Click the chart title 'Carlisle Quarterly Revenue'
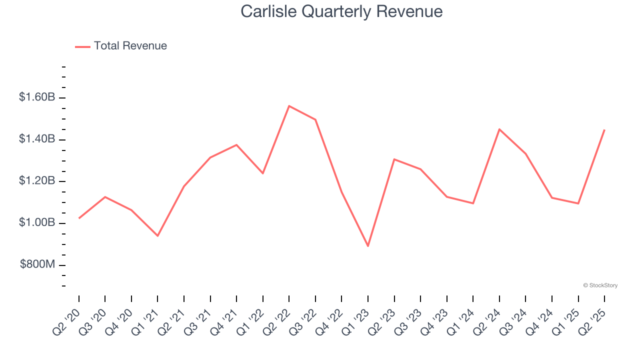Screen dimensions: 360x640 click(341, 11)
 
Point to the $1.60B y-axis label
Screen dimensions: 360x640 click(37, 97)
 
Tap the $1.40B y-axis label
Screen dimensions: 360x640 click(37, 139)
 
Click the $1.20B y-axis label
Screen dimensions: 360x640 click(37, 180)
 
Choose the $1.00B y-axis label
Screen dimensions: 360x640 click(37, 222)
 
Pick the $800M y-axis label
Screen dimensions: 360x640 click(37, 264)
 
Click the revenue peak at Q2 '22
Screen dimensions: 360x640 click(289, 106)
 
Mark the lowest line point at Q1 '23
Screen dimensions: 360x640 click(368, 246)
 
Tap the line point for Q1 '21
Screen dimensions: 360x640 click(157, 235)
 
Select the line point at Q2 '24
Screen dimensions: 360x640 click(499, 129)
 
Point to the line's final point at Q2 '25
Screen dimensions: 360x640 click(604, 130)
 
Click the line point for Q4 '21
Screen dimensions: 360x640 click(236, 145)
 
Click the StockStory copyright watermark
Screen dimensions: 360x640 click(600, 285)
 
